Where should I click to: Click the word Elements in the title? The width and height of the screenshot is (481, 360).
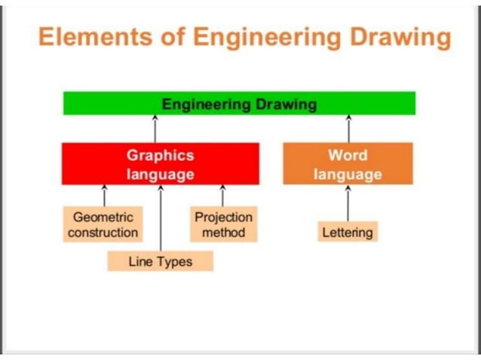[89, 37]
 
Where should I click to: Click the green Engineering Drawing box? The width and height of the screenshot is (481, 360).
[239, 104]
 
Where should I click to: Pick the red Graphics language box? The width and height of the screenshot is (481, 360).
[160, 164]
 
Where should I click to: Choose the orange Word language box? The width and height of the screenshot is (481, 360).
[348, 164]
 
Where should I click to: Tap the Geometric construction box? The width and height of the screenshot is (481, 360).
[103, 224]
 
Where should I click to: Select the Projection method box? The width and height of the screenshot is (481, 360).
[223, 224]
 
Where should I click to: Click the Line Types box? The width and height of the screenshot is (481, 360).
[160, 261]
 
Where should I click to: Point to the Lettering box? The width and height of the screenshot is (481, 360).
[348, 233]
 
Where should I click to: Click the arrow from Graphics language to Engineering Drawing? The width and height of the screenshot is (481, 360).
[155, 129]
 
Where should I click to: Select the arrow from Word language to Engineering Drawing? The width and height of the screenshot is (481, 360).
[348, 129]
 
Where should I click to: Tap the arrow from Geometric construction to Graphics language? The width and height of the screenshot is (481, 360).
[105, 195]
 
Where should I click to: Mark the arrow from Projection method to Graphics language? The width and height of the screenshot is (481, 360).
[222, 195]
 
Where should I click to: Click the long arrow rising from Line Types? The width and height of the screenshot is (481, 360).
[161, 218]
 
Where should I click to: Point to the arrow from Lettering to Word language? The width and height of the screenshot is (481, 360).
[348, 203]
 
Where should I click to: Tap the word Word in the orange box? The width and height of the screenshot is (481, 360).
[348, 156]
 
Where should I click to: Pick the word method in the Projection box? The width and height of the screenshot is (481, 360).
[223, 233]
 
